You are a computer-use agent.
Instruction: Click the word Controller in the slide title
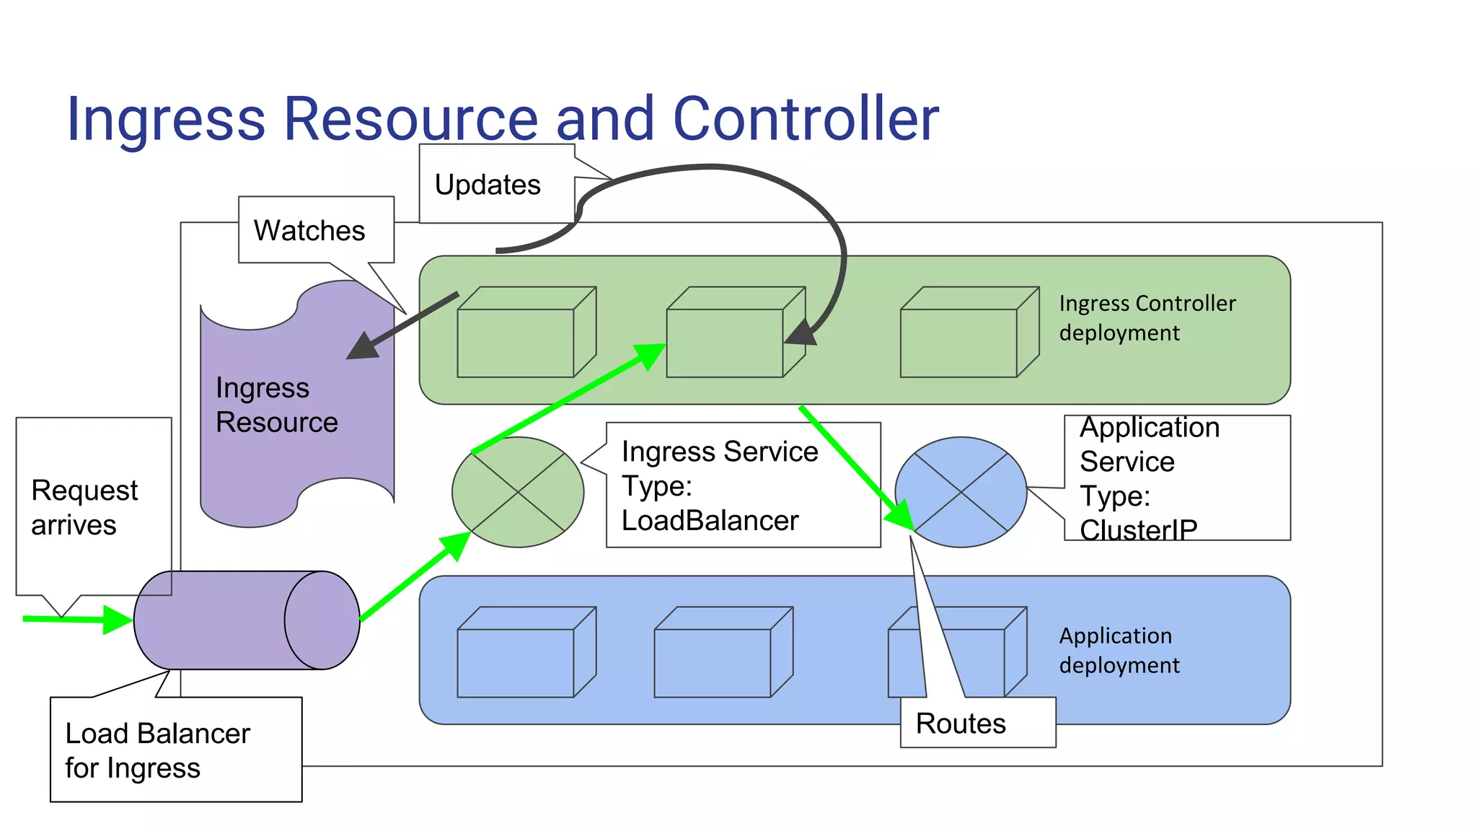coord(805,118)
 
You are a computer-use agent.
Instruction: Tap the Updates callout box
coord(488,185)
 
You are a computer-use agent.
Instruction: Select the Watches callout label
coord(309,231)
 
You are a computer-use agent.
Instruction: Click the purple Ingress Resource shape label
coord(276,405)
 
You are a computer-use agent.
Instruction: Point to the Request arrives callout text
coord(84,507)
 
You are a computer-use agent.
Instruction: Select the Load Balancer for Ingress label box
coord(158,750)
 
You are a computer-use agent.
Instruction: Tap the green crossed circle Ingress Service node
coord(517,492)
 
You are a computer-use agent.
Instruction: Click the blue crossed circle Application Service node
coord(961,492)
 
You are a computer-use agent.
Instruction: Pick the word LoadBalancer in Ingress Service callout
coord(710,520)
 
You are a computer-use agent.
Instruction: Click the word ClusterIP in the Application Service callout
coord(1138,530)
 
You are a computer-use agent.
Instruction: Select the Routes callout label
coord(961,723)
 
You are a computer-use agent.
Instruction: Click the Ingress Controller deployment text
coord(1147,318)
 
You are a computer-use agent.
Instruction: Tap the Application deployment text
coord(1119,650)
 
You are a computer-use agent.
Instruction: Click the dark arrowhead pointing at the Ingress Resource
coord(363,346)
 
